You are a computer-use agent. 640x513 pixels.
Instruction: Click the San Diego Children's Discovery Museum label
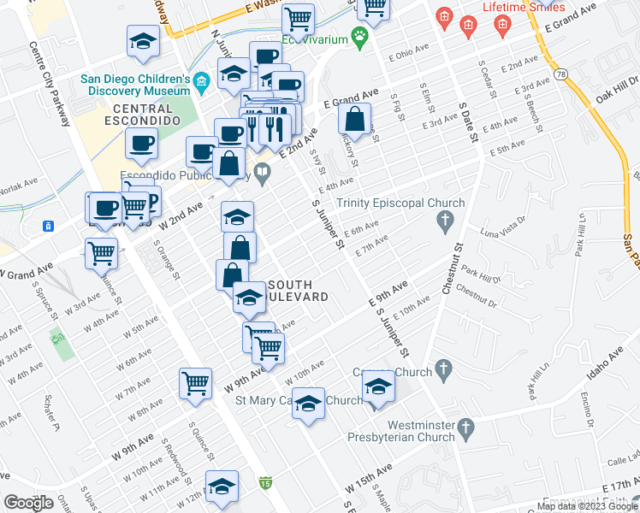134,83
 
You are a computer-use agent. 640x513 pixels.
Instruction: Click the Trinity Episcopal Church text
400,203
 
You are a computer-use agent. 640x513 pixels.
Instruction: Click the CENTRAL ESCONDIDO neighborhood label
145,115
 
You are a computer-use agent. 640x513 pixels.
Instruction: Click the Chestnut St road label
452,270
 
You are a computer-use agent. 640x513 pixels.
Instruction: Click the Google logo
28,503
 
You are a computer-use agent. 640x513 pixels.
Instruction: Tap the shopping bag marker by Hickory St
354,119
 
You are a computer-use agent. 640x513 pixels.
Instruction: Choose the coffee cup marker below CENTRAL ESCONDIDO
141,143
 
